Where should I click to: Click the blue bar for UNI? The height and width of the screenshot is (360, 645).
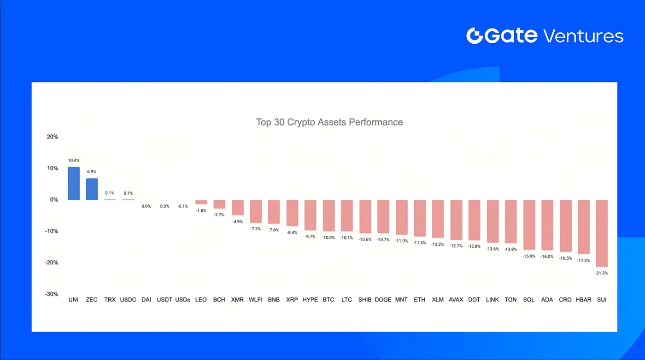tap(74, 183)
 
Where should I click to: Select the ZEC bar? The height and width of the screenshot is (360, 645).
tap(92, 189)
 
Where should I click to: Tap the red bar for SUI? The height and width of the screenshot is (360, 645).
tap(601, 233)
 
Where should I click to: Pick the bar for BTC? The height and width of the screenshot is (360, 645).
tap(328, 215)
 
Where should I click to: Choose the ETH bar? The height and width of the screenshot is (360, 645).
tap(420, 218)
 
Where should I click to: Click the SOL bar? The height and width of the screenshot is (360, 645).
tap(529, 225)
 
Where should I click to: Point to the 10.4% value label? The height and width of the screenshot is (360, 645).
tap(74, 160)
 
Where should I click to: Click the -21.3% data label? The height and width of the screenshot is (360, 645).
tap(601, 273)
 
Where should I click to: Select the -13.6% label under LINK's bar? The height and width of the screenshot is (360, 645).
tap(493, 249)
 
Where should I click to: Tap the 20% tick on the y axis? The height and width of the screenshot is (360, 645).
tap(52, 137)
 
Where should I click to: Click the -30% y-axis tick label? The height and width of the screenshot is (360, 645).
tap(51, 294)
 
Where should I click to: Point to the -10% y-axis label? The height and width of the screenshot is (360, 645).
tap(51, 231)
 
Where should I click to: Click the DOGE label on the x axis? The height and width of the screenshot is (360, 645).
tap(383, 300)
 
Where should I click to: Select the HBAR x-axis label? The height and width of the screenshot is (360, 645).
tap(583, 300)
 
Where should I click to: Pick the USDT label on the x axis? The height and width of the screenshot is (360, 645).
tap(164, 300)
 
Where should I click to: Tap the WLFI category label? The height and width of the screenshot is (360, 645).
tap(256, 300)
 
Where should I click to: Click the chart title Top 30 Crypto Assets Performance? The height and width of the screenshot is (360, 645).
tap(329, 122)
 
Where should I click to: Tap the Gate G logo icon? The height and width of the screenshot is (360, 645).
tap(475, 36)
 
